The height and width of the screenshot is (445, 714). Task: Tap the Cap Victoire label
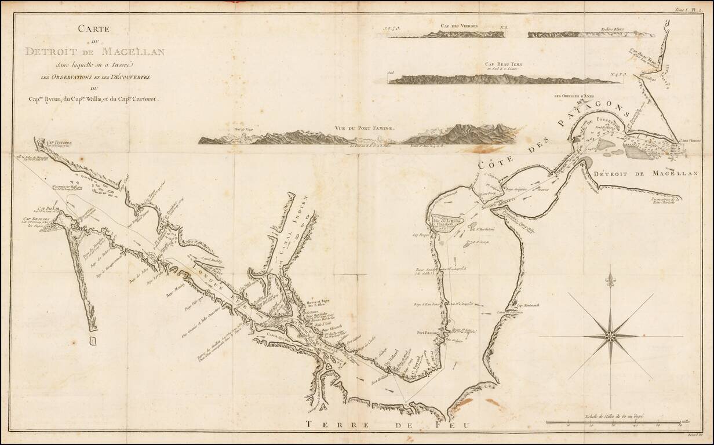(59, 142)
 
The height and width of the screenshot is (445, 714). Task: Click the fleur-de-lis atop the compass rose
(610, 282)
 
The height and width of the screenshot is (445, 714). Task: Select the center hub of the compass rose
(610, 335)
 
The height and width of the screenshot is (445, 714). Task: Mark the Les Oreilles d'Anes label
(574, 96)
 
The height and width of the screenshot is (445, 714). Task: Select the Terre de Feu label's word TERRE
(328, 425)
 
